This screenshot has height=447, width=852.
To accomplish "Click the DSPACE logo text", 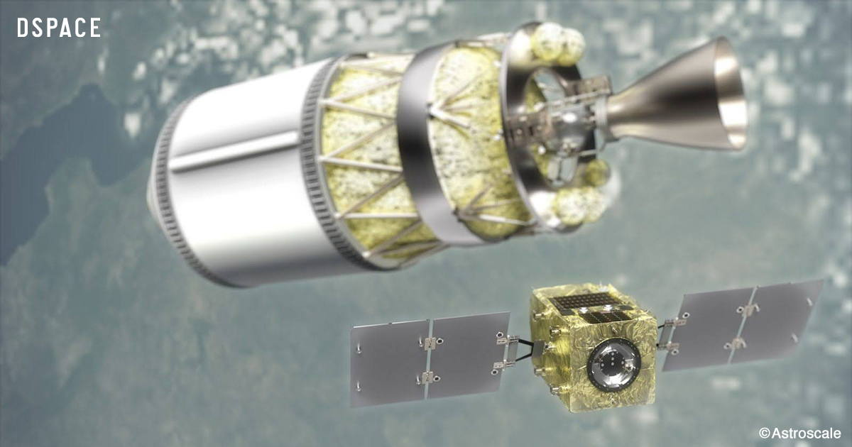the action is click(59, 28).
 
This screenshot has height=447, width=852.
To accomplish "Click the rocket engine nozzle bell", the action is click(681, 95).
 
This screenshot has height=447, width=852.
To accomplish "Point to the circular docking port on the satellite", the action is click(613, 364).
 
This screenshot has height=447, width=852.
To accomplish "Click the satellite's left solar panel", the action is click(430, 359).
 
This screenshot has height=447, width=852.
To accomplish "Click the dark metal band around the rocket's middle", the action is click(422, 148).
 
